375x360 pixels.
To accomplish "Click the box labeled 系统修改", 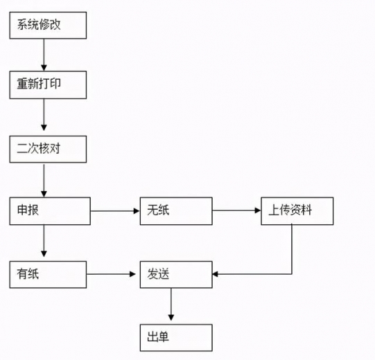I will point(48,26).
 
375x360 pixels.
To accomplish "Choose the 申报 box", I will point(49,210).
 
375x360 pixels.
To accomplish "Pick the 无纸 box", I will point(175,210).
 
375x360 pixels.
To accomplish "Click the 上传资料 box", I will point(297,210).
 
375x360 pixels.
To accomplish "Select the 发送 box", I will point(175,274).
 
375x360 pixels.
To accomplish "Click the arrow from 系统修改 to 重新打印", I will point(44,55).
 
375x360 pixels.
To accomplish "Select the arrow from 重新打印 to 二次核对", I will point(44,116).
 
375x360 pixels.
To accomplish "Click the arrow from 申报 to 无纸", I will point(115,210).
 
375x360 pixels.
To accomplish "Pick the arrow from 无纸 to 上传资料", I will point(236,210).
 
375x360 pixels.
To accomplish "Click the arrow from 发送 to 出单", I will point(171,305).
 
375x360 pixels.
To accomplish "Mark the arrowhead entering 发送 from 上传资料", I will point(216,274).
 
